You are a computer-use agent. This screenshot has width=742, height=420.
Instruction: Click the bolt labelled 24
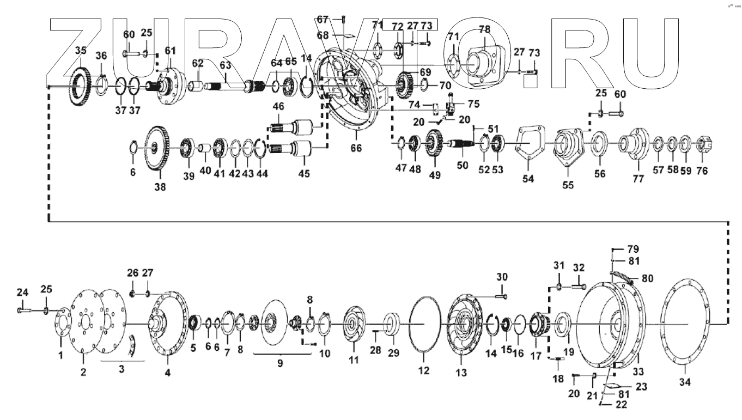(22, 310)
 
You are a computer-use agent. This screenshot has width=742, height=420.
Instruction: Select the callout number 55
(568, 185)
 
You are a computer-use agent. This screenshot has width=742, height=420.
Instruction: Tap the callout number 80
(647, 278)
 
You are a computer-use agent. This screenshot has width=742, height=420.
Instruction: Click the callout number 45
(303, 174)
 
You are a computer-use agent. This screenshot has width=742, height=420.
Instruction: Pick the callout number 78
(484, 28)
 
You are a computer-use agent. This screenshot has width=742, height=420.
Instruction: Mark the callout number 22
(621, 404)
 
